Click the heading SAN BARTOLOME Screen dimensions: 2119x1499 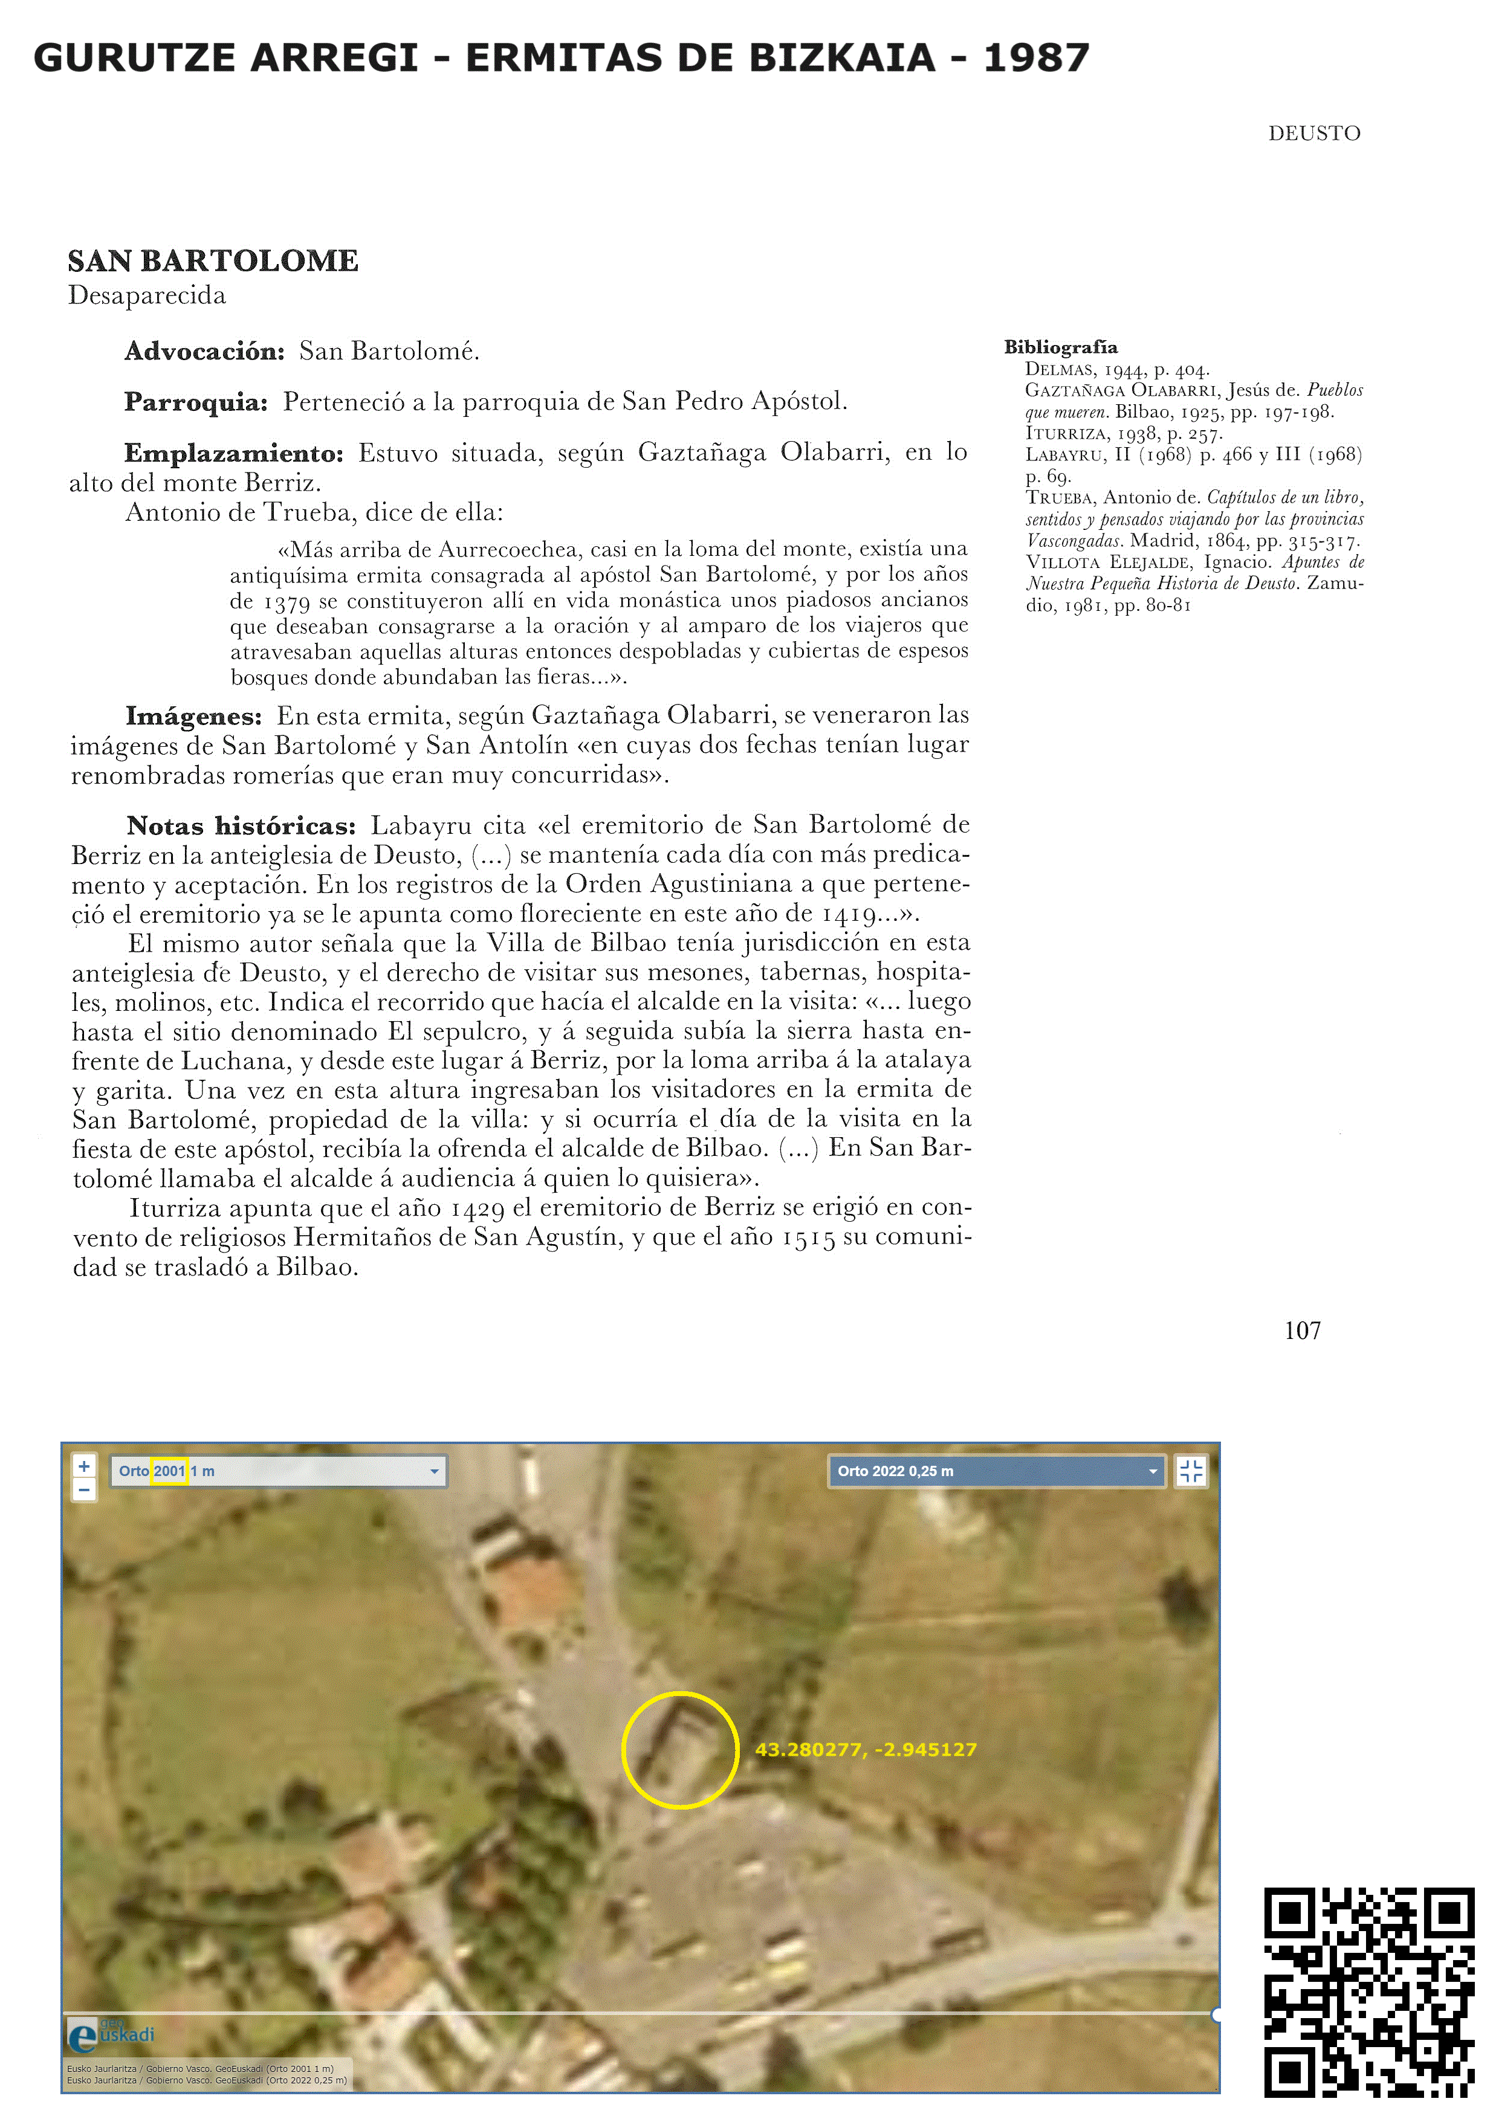coord(213,261)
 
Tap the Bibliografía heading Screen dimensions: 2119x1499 coord(1061,347)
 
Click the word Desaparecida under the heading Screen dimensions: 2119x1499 coord(147,295)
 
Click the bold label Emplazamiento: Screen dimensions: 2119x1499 coord(233,453)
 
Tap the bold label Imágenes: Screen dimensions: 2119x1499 coord(194,715)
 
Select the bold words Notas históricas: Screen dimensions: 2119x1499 coord(241,825)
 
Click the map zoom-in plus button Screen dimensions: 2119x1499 coord(84,1466)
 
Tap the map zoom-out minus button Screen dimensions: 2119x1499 coord(84,1489)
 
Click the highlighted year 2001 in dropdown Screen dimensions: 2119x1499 coord(170,1471)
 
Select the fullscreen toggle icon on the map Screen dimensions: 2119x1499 coord(1191,1471)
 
